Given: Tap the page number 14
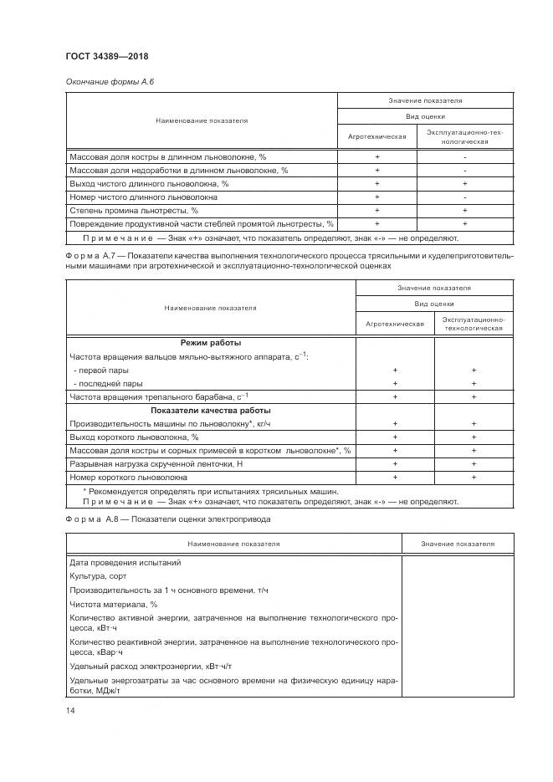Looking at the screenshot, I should click(70, 710).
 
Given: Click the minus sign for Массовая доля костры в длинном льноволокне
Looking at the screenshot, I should click(464, 156).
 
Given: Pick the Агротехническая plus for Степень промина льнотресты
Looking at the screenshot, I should click(377, 210).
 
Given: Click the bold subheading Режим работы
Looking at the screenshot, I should click(211, 343).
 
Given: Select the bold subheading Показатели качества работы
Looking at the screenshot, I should click(211, 411).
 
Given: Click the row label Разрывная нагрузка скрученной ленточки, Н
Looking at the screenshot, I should click(156, 463).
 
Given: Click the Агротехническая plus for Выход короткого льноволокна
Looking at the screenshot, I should click(395, 437).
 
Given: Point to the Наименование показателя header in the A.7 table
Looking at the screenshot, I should click(211, 308).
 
